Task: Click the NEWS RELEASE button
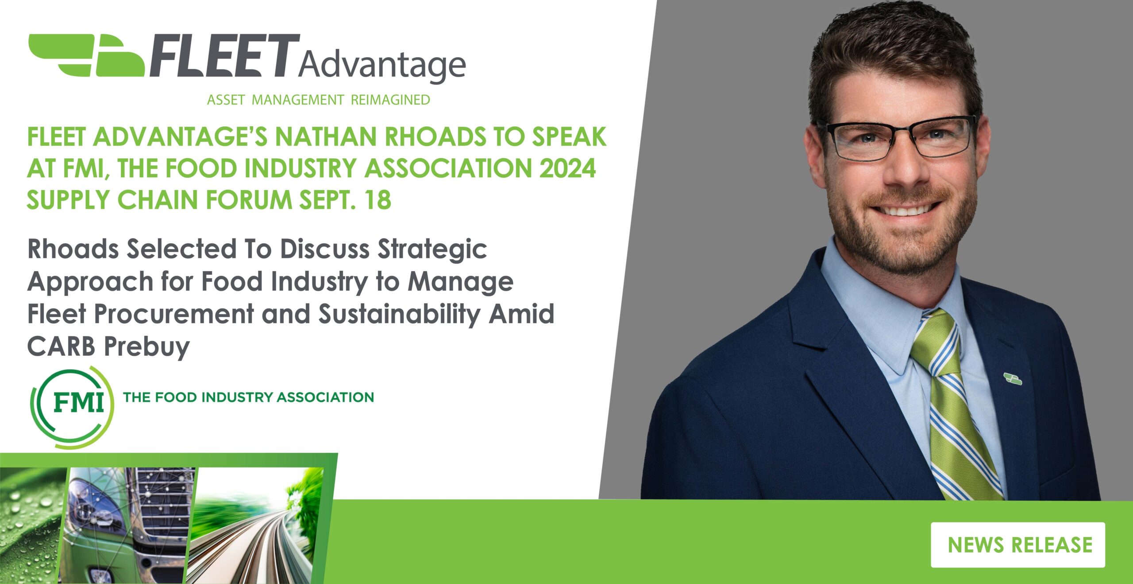pos(1017,545)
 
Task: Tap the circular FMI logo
pos(72,406)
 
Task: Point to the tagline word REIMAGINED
pos(390,100)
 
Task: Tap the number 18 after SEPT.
pos(378,200)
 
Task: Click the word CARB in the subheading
pos(61,346)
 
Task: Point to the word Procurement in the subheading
pos(174,314)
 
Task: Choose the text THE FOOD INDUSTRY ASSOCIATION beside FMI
pos(249,397)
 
